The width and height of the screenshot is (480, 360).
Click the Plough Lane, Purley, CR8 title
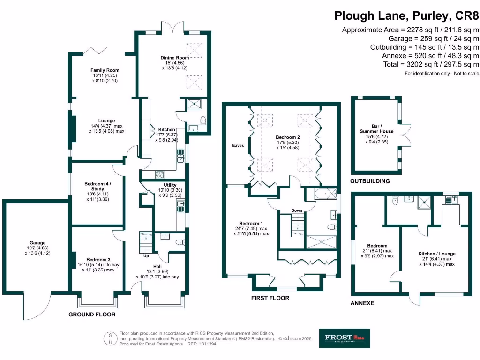(407, 15)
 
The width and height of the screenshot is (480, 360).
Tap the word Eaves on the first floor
(238, 145)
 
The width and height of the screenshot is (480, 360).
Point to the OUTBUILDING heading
(370, 181)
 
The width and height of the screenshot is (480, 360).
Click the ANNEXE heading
(362, 303)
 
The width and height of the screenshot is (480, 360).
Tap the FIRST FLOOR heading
(270, 298)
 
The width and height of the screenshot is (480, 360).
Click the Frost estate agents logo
(345, 337)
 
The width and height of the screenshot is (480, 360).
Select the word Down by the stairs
(297, 210)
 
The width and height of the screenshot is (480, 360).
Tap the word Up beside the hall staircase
(147, 256)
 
